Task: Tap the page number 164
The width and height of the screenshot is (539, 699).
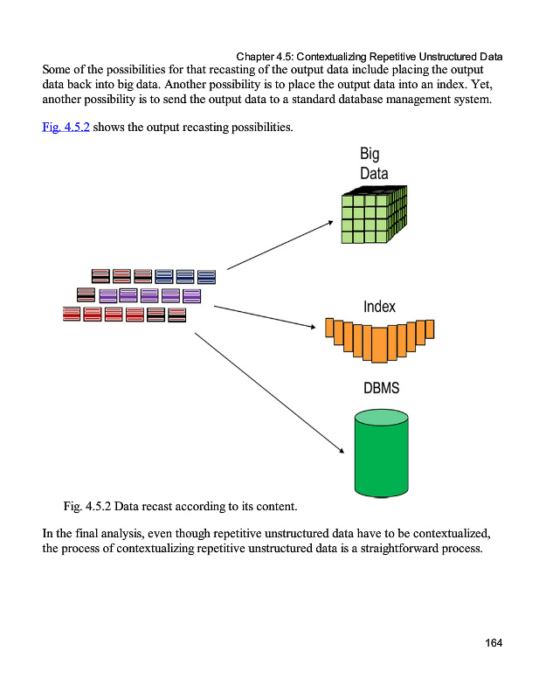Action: tap(494, 644)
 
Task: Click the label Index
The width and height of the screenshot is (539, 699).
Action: tap(379, 307)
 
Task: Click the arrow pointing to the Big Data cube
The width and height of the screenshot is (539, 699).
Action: tap(280, 245)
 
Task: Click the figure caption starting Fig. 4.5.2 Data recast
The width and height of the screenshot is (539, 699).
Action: tap(180, 506)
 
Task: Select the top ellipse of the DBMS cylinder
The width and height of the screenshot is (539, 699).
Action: tap(381, 419)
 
